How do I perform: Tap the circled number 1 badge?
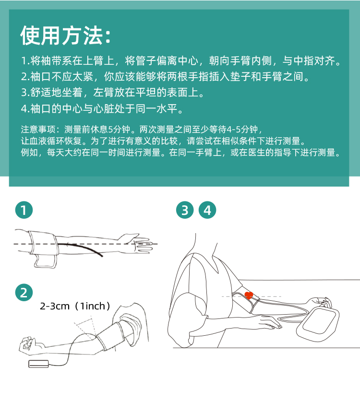click(x=24, y=210)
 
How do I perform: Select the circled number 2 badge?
click(x=24, y=292)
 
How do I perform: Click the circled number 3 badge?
click(x=185, y=210)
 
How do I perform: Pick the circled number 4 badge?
click(x=207, y=210)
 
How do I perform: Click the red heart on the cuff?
click(x=249, y=295)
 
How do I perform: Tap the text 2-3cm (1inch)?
click(x=75, y=306)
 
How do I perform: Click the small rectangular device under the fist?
click(x=38, y=364)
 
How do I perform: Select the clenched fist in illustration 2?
click(x=28, y=345)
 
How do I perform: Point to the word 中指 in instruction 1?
click(x=303, y=60)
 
